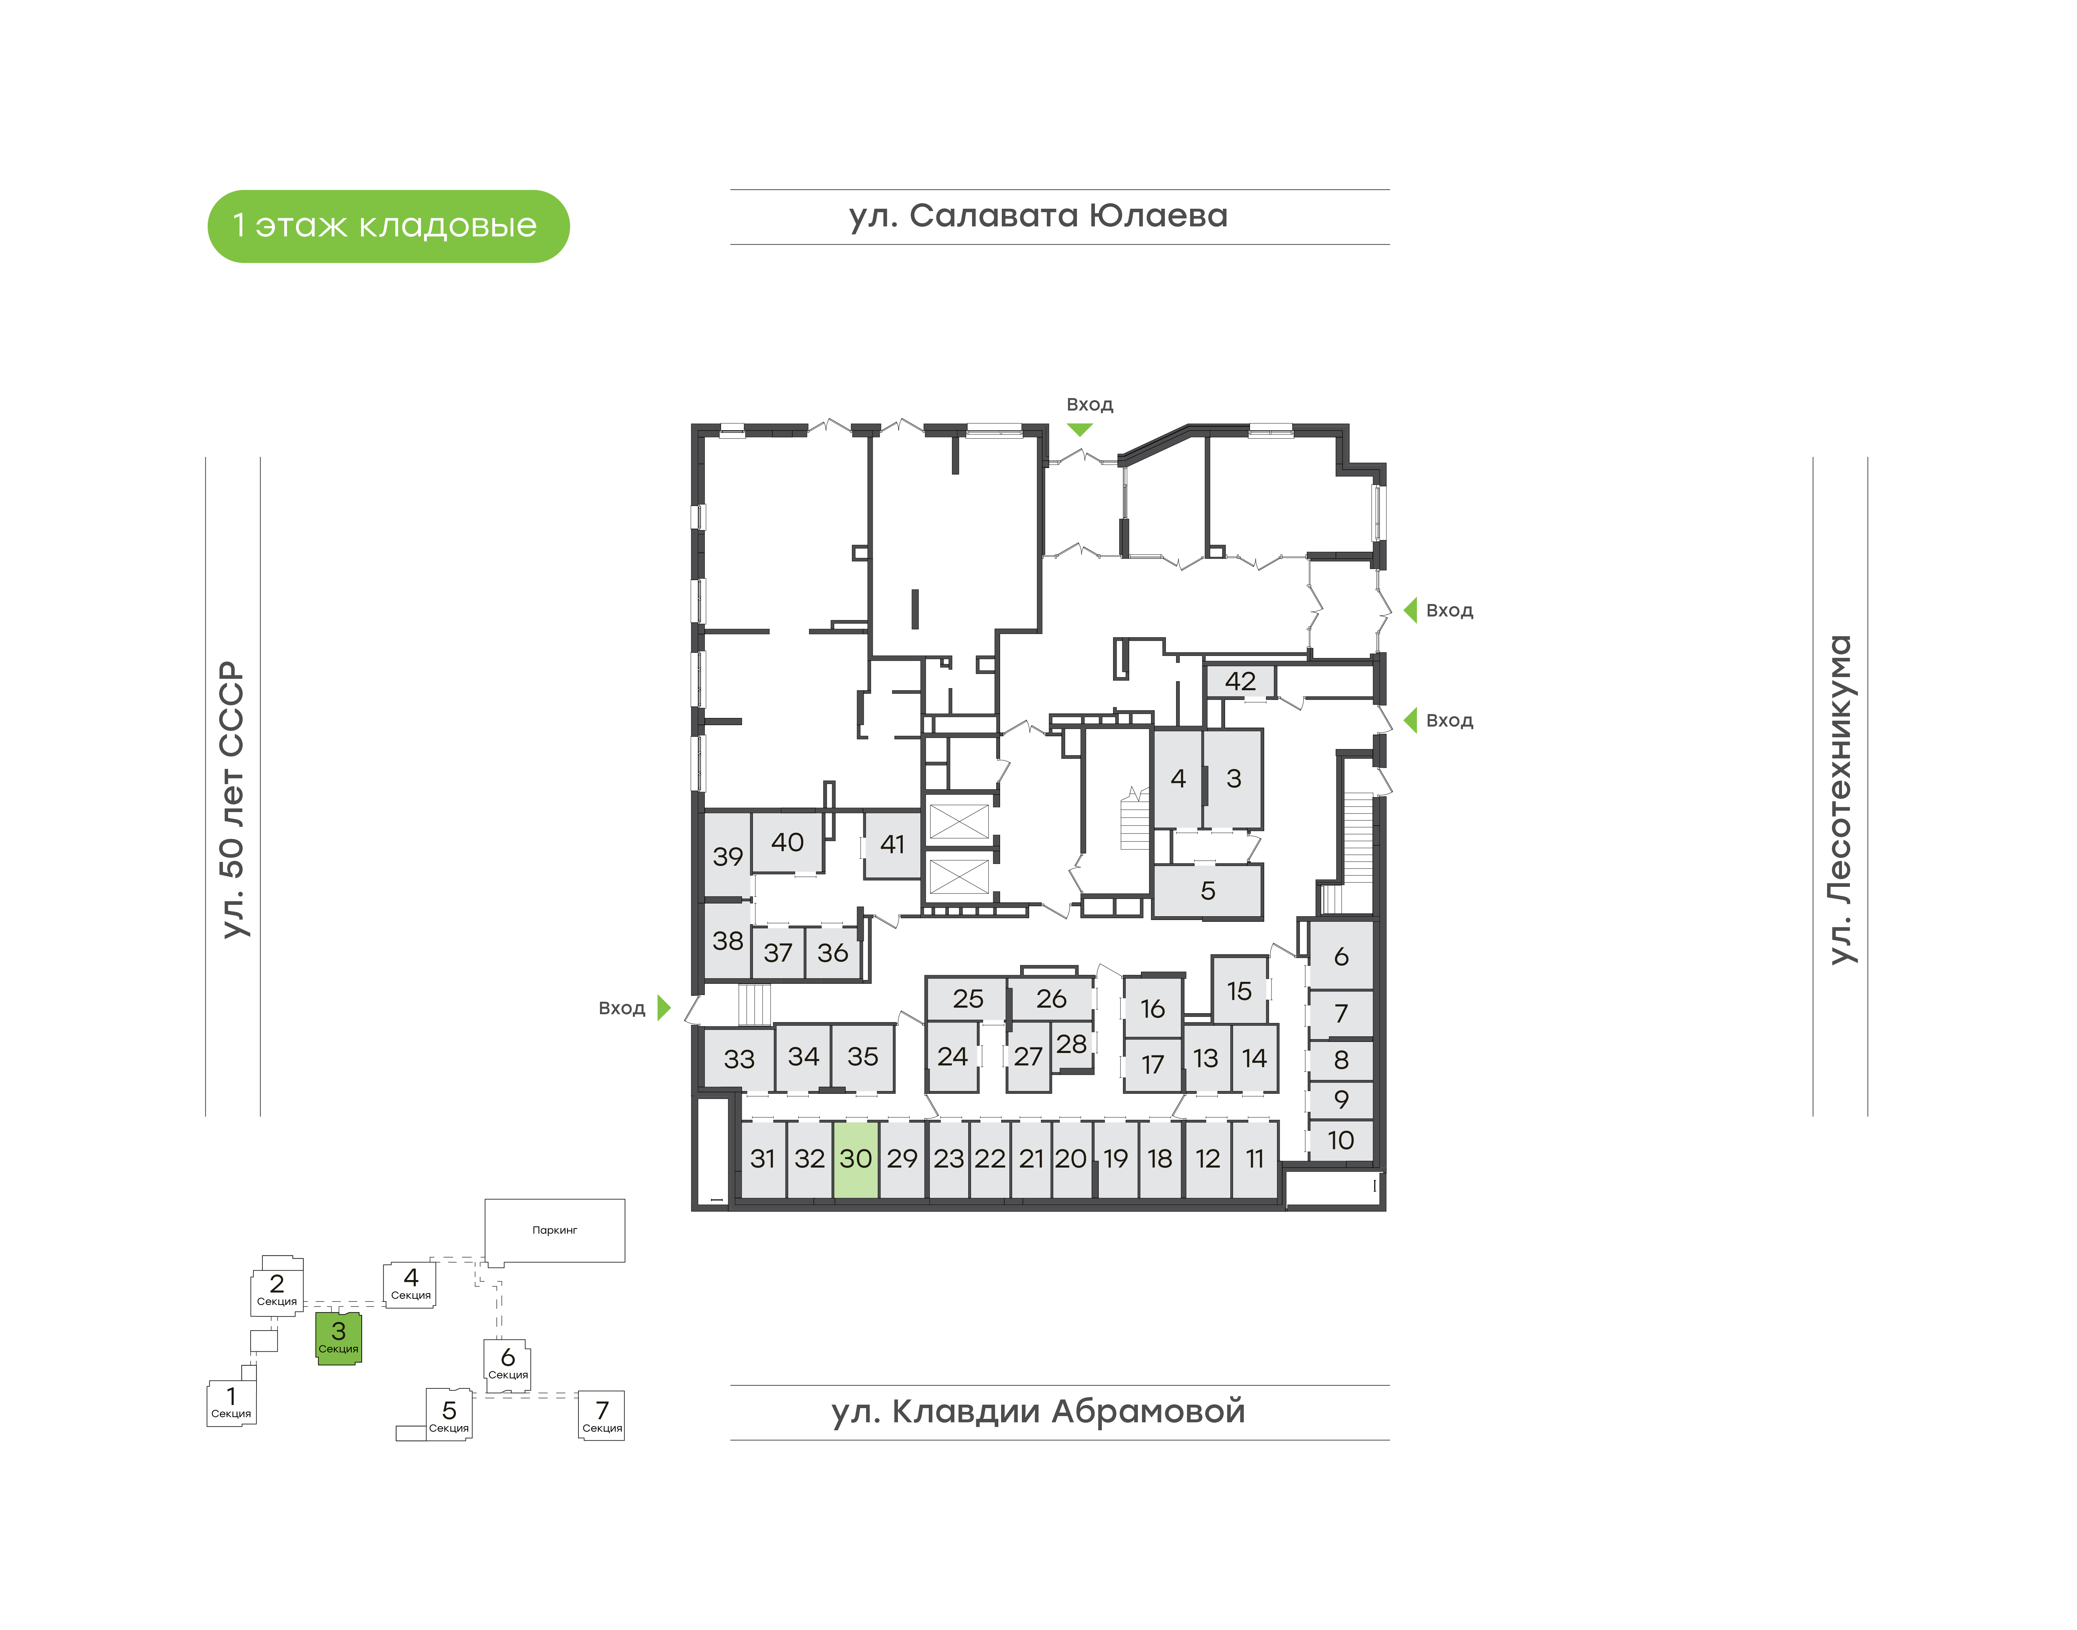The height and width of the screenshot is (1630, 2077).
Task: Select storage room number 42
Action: [1240, 682]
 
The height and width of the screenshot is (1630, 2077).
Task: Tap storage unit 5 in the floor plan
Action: [1207, 890]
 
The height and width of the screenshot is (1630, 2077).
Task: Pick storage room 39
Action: [727, 856]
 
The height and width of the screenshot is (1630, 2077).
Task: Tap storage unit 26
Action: [1051, 998]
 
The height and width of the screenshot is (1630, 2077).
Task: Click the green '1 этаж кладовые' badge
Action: [387, 226]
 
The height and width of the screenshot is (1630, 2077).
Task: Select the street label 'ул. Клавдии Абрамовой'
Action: [1038, 1412]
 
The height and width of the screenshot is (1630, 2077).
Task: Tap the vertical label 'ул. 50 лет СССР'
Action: [232, 800]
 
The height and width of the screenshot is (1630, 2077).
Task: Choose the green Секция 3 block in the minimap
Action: [339, 1338]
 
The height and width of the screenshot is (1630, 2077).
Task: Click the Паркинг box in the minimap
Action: [555, 1230]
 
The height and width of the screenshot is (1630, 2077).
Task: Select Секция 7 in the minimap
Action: [602, 1415]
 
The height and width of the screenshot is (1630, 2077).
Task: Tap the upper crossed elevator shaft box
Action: [958, 821]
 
